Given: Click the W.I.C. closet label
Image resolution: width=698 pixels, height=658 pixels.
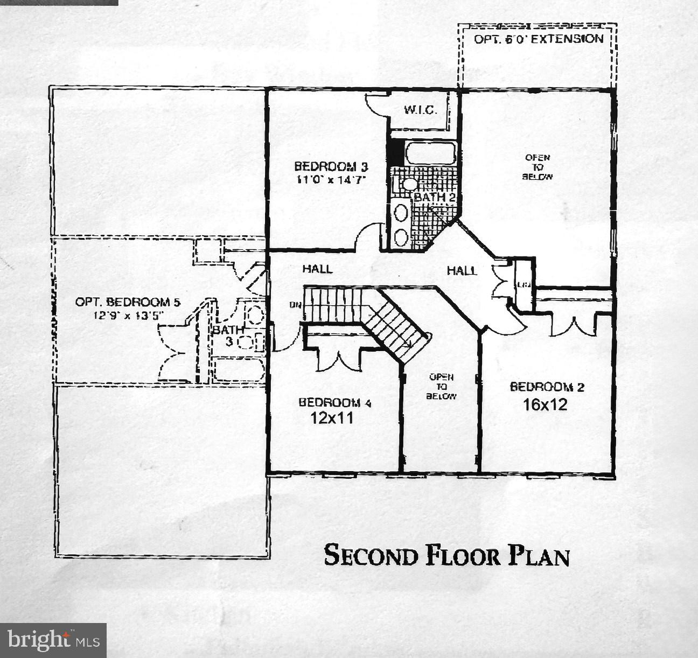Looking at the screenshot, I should (x=420, y=110).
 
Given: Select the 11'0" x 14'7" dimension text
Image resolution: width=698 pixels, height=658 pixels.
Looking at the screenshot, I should (x=331, y=180).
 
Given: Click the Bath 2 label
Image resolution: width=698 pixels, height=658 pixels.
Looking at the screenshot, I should (x=435, y=197).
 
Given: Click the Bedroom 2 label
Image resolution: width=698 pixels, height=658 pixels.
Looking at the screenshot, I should (x=547, y=387).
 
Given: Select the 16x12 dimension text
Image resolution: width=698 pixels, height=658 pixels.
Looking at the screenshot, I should (x=545, y=404).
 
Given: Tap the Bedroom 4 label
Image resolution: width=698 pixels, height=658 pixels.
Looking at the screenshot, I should (x=334, y=402).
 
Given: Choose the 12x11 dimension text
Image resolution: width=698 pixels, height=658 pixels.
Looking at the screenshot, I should (x=332, y=418).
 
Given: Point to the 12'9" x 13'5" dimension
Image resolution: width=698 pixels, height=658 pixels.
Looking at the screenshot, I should (x=128, y=316).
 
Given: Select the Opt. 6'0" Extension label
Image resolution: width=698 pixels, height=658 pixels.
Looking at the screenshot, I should (x=538, y=39).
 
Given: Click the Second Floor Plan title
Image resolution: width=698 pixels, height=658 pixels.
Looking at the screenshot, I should (x=446, y=555).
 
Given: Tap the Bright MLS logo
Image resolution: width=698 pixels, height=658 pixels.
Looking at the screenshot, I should (x=53, y=640).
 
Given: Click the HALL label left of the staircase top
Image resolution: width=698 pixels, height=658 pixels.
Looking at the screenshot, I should (x=317, y=268).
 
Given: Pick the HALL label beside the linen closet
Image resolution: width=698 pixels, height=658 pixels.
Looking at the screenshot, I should (x=462, y=270).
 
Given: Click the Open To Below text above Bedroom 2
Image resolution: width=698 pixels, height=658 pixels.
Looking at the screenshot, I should (x=537, y=167).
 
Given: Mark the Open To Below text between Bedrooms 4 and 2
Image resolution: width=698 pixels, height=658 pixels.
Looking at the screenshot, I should (x=441, y=387).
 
